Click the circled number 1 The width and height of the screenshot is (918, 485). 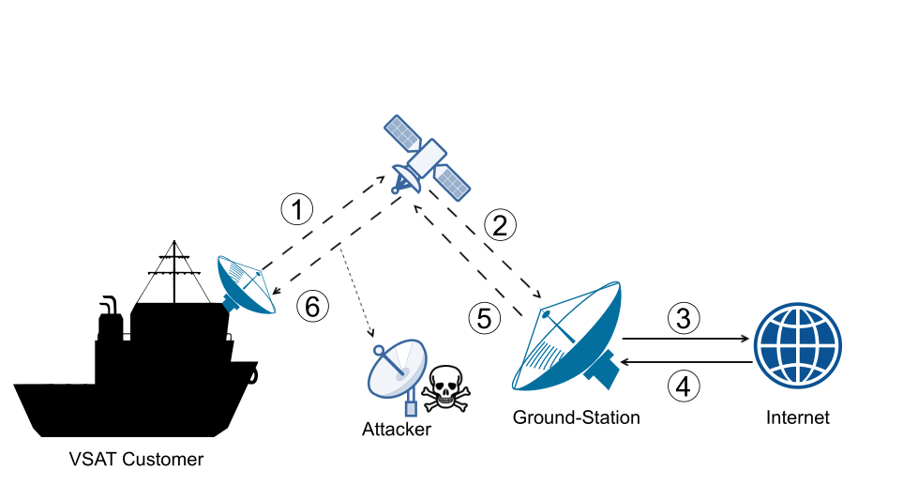pyautogui.click(x=297, y=210)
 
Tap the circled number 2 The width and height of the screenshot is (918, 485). pyautogui.click(x=500, y=225)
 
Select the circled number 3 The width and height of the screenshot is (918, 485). pyautogui.click(x=684, y=318)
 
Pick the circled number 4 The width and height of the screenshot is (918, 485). pyautogui.click(x=684, y=386)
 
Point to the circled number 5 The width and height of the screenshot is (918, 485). pyautogui.click(x=484, y=318)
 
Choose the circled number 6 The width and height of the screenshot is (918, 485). pyautogui.click(x=312, y=307)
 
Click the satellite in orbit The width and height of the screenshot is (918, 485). pyautogui.click(x=428, y=157)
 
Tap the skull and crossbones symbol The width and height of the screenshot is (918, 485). pyautogui.click(x=445, y=388)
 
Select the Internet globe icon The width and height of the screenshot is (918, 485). pyautogui.click(x=797, y=345)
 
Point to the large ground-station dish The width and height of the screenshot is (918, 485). pyautogui.click(x=566, y=337)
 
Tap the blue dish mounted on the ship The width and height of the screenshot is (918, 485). pyautogui.click(x=246, y=284)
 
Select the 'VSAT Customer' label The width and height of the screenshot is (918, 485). pyautogui.click(x=136, y=460)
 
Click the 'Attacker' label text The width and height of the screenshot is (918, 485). pyautogui.click(x=397, y=430)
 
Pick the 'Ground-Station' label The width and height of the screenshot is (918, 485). pyautogui.click(x=576, y=417)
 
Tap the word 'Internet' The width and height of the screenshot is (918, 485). pyautogui.click(x=797, y=417)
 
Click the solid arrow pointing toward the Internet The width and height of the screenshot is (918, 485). pyautogui.click(x=685, y=339)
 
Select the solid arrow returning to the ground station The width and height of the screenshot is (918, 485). pyautogui.click(x=685, y=362)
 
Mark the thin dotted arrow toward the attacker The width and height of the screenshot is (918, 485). pyautogui.click(x=356, y=292)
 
